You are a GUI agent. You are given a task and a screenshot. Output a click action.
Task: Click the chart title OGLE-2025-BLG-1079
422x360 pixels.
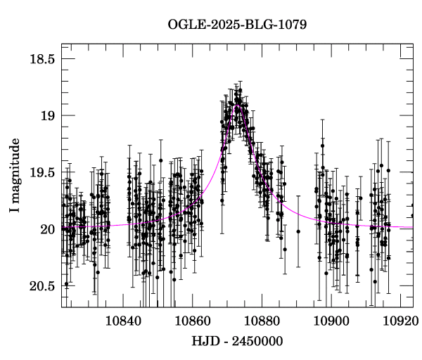point(237,25)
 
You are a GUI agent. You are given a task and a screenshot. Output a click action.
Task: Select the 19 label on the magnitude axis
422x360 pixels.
point(47,116)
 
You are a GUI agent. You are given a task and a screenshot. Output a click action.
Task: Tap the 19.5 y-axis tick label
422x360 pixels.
point(42,173)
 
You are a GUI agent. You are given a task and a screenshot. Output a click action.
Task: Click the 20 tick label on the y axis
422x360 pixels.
point(47,229)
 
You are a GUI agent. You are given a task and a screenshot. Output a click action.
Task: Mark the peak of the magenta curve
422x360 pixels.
point(238,106)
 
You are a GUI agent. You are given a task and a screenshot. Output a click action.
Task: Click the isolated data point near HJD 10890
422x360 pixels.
point(298,231)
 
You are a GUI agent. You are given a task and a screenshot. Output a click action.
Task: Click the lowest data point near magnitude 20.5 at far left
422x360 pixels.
point(66,284)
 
